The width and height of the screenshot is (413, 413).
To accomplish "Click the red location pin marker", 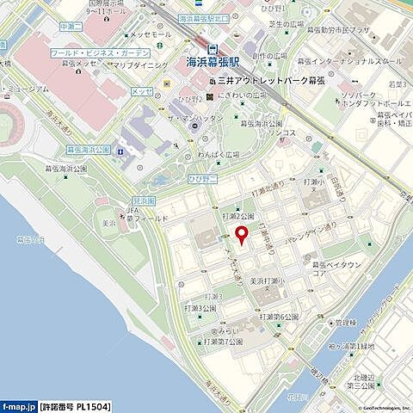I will click(x=242, y=234).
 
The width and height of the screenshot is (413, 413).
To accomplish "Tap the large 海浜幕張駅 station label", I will click(x=213, y=62).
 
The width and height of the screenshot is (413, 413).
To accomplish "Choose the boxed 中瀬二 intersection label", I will click(x=70, y=27).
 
